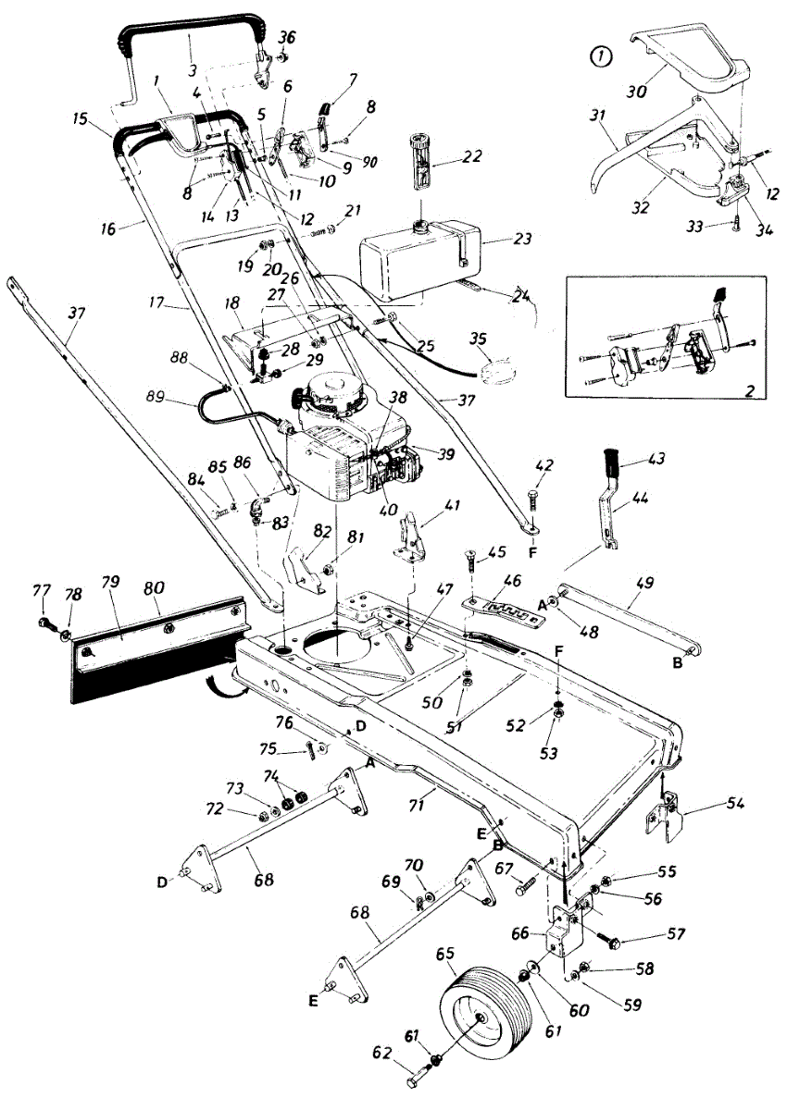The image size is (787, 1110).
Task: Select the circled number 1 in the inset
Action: (602, 57)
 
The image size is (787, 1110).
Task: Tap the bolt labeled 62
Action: (420, 1079)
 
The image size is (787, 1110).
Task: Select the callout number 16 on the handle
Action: (108, 228)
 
